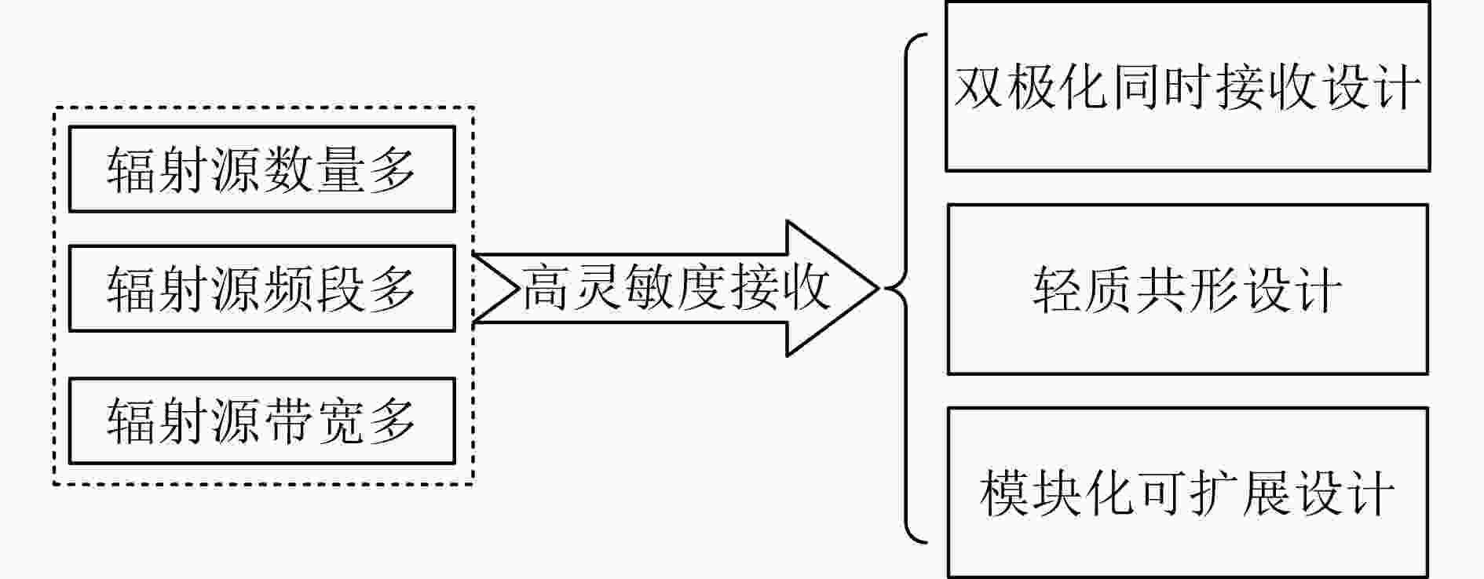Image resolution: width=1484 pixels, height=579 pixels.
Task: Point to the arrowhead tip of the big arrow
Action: tap(877, 288)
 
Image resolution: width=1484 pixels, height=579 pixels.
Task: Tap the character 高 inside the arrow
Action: tap(547, 288)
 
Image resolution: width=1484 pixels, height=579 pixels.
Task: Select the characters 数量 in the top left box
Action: tap(313, 169)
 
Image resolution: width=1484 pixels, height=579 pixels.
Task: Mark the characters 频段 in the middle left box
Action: tap(313, 289)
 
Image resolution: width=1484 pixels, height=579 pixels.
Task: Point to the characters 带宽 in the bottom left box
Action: tap(313, 421)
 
